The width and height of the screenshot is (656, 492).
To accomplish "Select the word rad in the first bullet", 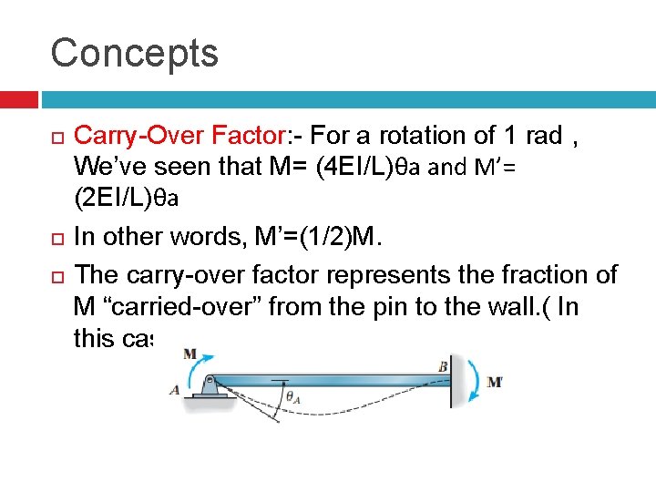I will coord(544,137).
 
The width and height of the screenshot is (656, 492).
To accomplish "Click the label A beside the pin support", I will coord(173,390).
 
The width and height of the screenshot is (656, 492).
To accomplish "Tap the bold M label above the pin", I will coord(190,353).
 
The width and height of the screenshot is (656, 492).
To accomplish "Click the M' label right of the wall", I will coord(495,381).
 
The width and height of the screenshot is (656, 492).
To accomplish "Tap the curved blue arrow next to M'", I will coord(472,379).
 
